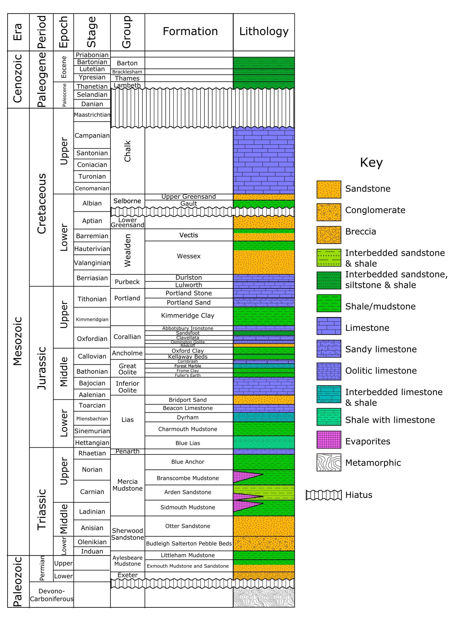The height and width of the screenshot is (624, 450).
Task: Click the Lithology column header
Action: [264, 31]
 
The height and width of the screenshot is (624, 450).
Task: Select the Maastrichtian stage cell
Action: [92, 115]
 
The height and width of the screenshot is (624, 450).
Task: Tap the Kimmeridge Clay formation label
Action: [188, 316]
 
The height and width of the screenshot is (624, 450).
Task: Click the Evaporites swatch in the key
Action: [329, 440]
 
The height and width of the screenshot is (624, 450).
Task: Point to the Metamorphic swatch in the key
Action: [329, 462]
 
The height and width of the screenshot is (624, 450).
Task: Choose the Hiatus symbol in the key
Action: [324, 495]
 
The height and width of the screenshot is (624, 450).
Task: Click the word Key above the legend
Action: [371, 162]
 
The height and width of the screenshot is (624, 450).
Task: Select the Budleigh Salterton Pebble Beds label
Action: [189, 544]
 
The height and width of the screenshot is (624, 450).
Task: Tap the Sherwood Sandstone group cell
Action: [128, 534]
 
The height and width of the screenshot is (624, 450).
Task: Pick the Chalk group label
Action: [128, 151]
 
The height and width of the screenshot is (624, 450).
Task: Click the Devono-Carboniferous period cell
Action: [52, 595]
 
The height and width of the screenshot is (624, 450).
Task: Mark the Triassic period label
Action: [41, 502]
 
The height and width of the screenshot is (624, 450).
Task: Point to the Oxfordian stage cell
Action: [92, 339]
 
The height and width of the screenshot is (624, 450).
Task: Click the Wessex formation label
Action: [189, 256]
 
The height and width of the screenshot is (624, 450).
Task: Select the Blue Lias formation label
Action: [188, 443]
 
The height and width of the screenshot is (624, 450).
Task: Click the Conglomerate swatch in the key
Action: [329, 212]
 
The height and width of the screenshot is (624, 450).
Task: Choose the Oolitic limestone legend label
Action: [381, 371]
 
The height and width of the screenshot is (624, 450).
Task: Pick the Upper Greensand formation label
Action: [189, 197]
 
